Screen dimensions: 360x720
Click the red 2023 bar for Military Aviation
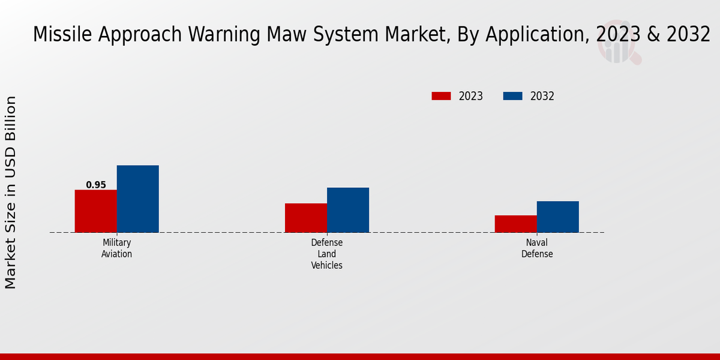pos(95,211)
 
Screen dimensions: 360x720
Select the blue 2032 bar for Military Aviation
pos(137,199)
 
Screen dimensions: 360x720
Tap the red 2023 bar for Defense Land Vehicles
pos(305,218)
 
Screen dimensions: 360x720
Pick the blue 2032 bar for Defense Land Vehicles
pos(347,210)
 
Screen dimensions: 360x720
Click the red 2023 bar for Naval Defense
pos(515,224)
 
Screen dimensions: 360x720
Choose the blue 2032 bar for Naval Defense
pos(557,217)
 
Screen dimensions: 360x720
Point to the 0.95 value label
pos(95,185)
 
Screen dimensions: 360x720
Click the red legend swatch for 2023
pos(441,96)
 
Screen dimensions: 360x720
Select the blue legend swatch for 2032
pos(512,96)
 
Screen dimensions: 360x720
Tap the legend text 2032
pos(542,96)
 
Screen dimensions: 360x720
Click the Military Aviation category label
pos(116,248)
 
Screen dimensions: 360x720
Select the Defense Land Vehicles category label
pos(326,254)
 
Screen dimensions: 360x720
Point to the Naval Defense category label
pos(536,248)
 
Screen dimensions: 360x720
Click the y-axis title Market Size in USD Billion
pos(11,192)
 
